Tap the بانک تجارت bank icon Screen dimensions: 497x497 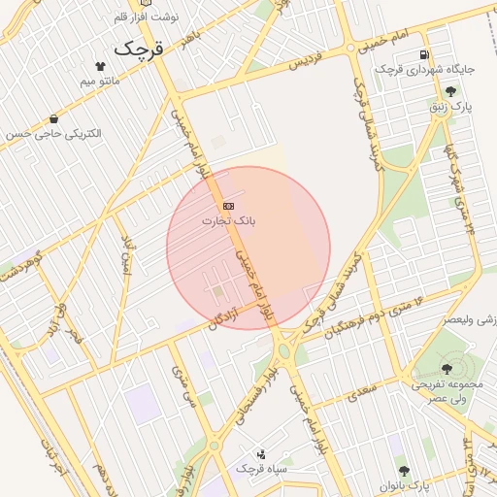(228, 207)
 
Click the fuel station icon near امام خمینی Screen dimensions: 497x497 (423, 54)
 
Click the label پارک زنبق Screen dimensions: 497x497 (450, 106)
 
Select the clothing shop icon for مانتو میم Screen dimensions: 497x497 (100, 66)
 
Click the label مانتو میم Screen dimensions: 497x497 (102, 82)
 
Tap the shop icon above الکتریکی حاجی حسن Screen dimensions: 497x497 (52, 118)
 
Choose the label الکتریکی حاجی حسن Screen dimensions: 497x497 (52, 134)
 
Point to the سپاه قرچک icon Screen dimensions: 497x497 (260, 453)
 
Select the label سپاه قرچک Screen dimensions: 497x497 (260, 469)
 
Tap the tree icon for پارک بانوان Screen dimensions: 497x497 (404, 469)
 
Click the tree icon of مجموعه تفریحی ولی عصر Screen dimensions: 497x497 (447, 369)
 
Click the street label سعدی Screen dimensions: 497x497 (359, 388)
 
